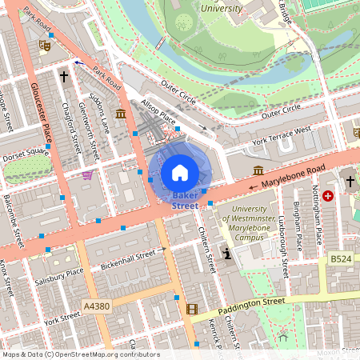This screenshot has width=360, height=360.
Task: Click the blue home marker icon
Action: pyautogui.click(x=180, y=172)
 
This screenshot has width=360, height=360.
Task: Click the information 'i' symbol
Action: pyautogui.click(x=227, y=254)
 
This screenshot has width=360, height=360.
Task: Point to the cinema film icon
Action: pyautogui.click(x=191, y=309)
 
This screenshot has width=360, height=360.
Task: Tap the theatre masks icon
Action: pyautogui.click(x=46, y=47)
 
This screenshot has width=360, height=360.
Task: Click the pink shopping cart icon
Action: pyautogui.click(x=87, y=175)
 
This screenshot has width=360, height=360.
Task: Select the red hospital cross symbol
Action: pyautogui.click(x=328, y=195)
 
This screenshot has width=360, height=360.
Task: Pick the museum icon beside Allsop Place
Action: pyautogui.click(x=120, y=114)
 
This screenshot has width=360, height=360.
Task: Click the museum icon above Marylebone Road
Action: pyautogui.click(x=258, y=170)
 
